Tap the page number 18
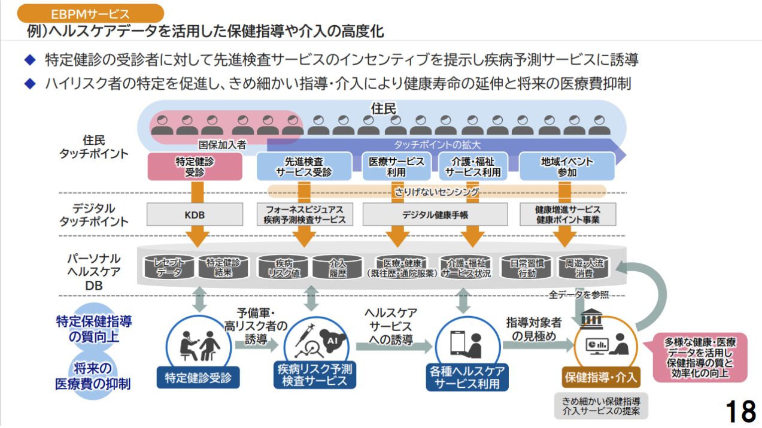pyautogui.click(x=739, y=412)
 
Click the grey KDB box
pyautogui.click(x=195, y=214)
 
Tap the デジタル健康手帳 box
pyautogui.click(x=435, y=214)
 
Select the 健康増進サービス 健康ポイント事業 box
pyautogui.click(x=567, y=214)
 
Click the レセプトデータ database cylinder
pyautogui.click(x=170, y=267)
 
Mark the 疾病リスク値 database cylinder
pyautogui.click(x=283, y=268)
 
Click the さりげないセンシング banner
pyautogui.click(x=436, y=192)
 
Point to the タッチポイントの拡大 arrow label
pyautogui.click(x=437, y=145)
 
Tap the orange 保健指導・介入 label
pyautogui.click(x=600, y=378)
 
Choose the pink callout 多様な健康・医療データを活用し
pyautogui.click(x=700, y=357)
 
